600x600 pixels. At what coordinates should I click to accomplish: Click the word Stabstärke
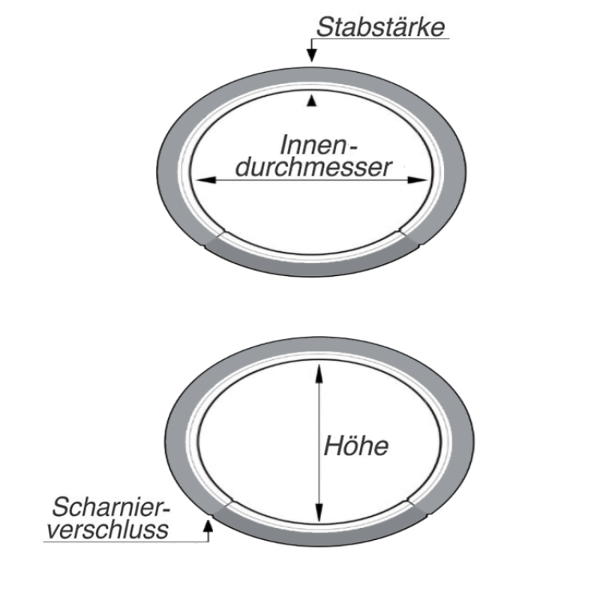pyautogui.click(x=380, y=27)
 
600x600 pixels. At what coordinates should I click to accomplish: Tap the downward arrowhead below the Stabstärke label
pyautogui.click(x=312, y=55)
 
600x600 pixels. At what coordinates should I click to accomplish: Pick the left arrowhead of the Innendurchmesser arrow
pyautogui.click(x=200, y=180)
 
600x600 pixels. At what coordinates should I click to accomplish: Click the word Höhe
pyautogui.click(x=355, y=446)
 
